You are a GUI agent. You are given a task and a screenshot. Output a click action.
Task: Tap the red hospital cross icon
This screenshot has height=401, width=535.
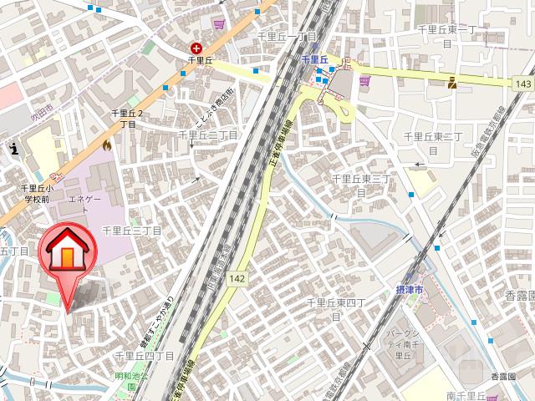coord(196,49)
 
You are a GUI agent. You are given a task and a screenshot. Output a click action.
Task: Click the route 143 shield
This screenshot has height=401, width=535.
coord(523,84)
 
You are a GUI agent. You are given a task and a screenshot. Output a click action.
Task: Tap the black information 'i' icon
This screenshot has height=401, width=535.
coord(14,149)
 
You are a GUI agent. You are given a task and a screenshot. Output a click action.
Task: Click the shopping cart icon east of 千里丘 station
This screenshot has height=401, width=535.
coord(364,81)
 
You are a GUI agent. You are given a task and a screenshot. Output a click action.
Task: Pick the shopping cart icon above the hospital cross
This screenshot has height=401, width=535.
coord(220,24)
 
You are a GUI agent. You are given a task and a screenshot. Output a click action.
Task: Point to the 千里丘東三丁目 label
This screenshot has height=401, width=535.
coord(362,184)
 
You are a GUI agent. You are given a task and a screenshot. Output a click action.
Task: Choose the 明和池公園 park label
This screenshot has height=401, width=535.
coord(131,381)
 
